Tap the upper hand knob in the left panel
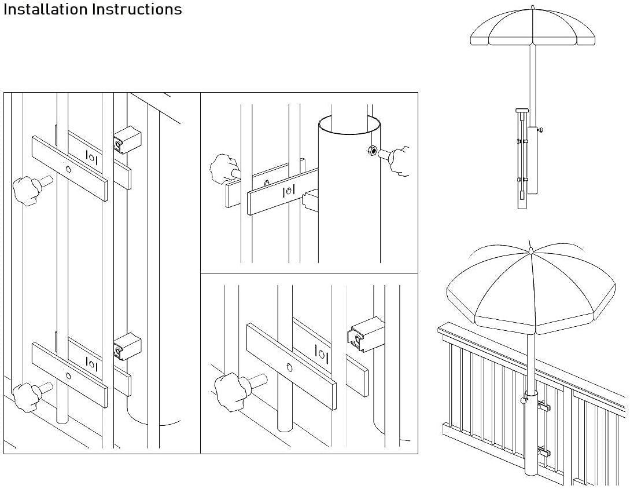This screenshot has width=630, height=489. [x=26, y=189]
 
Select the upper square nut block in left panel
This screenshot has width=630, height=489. [x=127, y=140]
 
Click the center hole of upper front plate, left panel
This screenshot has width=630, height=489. [x=69, y=169]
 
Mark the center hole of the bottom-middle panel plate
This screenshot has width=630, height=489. [x=289, y=367]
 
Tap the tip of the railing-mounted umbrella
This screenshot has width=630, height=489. [x=530, y=244]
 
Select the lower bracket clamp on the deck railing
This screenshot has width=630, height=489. [x=542, y=450]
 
